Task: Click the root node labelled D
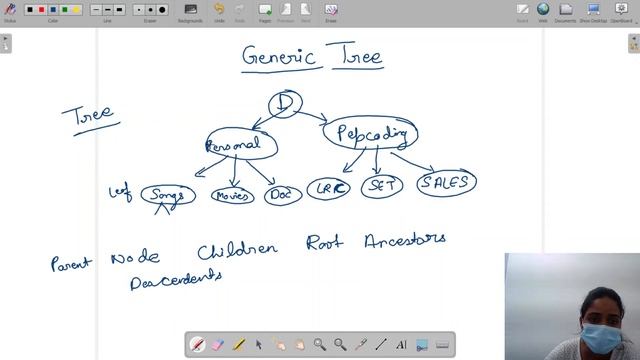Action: [285, 103]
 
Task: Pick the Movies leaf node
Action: [232, 195]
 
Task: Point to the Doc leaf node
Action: [283, 195]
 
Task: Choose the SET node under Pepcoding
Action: [381, 186]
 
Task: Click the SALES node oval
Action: [446, 183]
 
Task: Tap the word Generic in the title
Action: [279, 56]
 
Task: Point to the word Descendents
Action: [175, 281]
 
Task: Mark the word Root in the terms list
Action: [324, 244]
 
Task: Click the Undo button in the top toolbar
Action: [219, 11]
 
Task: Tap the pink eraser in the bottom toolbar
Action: [218, 344]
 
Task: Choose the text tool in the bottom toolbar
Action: [401, 344]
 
